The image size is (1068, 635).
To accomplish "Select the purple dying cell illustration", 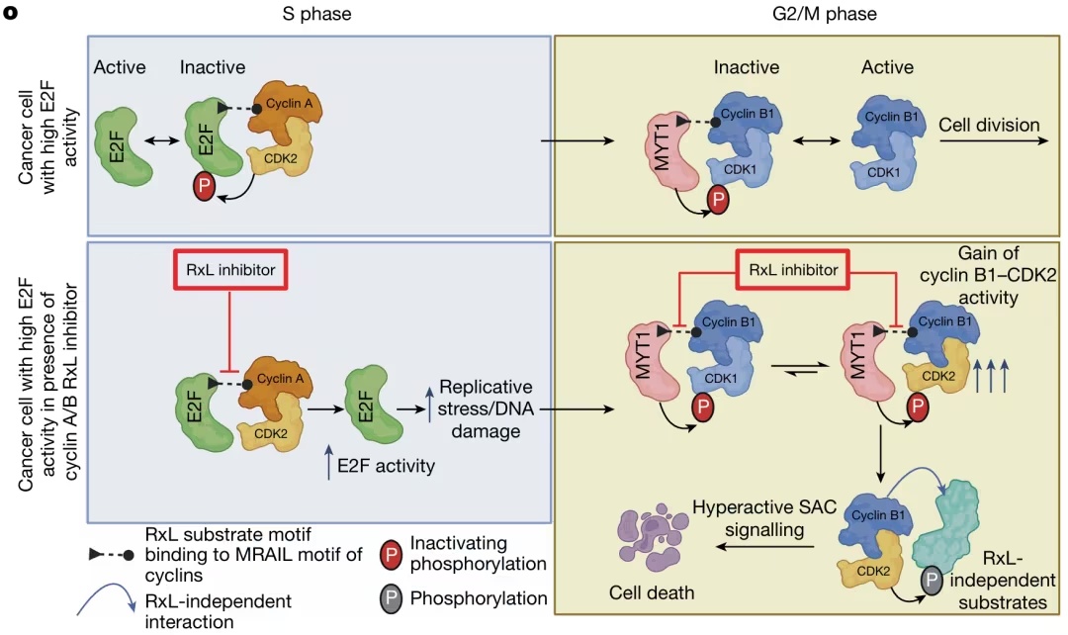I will tap(652, 541).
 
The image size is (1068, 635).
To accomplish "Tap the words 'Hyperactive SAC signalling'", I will tap(764, 518).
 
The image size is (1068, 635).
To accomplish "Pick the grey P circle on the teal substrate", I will tap(933, 582).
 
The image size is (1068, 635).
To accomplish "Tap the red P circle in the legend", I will tap(392, 555).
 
